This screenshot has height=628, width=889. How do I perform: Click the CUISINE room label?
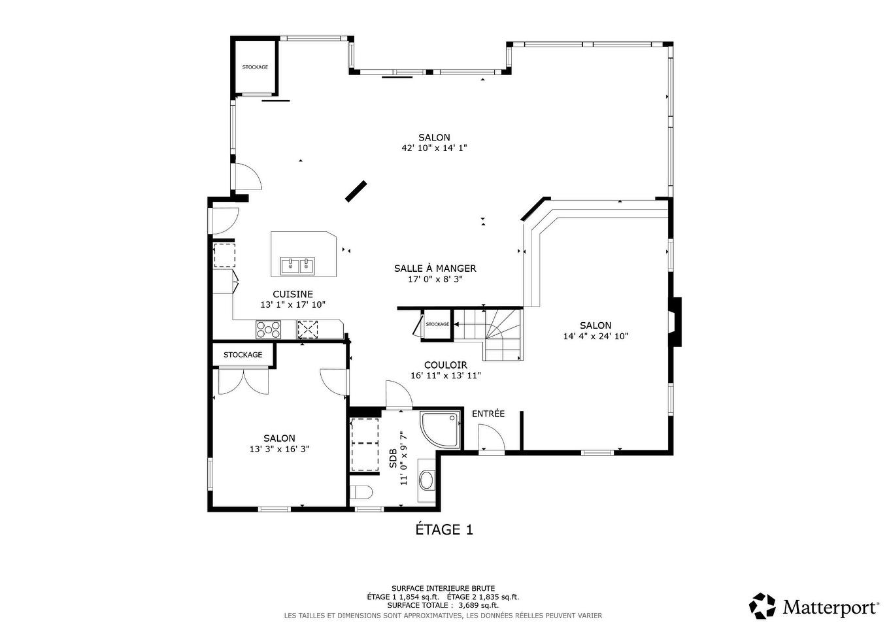coord(292,294)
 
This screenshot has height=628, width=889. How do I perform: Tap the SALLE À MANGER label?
coord(435,268)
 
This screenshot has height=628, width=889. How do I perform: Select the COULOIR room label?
coord(445,365)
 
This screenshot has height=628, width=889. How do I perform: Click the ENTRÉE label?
coord(488,414)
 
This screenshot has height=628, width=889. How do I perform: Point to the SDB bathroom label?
coord(393,458)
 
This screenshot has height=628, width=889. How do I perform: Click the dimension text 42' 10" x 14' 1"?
coord(434,148)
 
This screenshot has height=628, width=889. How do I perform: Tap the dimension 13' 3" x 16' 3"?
coord(279,449)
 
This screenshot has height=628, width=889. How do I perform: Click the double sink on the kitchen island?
coord(297,265)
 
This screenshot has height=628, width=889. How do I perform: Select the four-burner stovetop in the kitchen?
coord(268,329)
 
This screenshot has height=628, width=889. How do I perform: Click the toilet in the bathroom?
coord(361,491)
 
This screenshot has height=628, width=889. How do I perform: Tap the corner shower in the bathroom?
coord(440,429)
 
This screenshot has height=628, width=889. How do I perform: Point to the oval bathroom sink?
coord(427,480)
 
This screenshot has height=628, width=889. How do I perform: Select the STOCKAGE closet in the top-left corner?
coord(255,67)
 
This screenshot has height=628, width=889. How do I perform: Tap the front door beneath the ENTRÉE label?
coord(491,438)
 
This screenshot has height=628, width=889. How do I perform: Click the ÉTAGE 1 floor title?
coord(444,529)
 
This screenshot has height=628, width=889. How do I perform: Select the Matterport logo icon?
coord(762,606)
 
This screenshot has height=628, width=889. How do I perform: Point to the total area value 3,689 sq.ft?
coord(478,605)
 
